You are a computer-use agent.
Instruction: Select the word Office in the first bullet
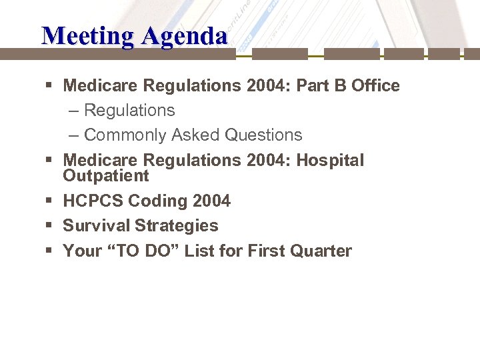click(x=375, y=85)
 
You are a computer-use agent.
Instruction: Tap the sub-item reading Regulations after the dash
click(x=129, y=110)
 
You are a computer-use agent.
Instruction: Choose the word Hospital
click(x=330, y=161)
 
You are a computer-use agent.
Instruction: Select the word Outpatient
click(x=106, y=176)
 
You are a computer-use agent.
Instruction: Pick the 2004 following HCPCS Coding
click(x=210, y=201)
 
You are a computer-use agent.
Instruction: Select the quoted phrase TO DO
click(x=140, y=251)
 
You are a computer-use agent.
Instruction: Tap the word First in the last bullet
click(x=266, y=251)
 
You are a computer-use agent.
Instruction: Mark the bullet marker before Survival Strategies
click(x=49, y=226)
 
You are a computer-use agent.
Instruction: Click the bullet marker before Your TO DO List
click(x=49, y=251)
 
